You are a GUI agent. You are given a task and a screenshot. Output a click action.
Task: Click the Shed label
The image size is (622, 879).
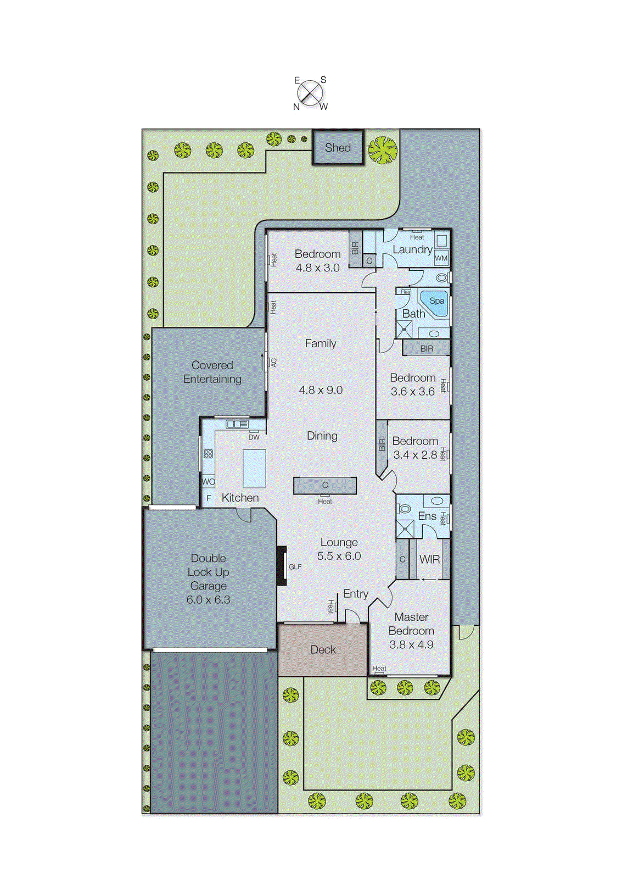click(x=338, y=147)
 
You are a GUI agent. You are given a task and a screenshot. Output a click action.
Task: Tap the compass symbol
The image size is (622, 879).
click(x=311, y=93)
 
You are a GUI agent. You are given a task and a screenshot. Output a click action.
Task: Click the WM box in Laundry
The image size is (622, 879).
click(x=441, y=258)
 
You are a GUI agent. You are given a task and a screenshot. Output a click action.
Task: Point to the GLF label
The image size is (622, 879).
click(x=295, y=566)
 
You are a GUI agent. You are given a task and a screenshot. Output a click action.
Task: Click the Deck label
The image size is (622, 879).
click(x=323, y=649)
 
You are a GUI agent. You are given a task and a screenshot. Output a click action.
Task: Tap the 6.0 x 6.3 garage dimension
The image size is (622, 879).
click(x=208, y=599)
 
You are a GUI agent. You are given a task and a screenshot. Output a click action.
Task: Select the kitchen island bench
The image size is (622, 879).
click(x=254, y=469)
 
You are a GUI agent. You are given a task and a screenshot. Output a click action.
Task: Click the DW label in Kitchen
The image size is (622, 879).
click(x=254, y=437)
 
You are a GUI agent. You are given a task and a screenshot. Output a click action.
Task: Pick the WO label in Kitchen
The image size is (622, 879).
click(x=208, y=482)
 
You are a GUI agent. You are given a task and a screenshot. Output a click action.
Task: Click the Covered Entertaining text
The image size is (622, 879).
click(x=212, y=372)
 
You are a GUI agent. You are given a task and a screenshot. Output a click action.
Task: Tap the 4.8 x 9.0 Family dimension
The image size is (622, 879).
click(x=321, y=390)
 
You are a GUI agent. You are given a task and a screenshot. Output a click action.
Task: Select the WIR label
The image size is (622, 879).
click(x=429, y=559)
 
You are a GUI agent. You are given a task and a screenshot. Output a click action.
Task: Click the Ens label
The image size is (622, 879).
click(x=427, y=516)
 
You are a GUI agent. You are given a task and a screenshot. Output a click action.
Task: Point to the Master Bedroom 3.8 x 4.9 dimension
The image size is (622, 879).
click(x=411, y=644)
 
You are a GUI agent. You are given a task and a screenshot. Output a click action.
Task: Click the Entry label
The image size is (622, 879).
click(x=355, y=593)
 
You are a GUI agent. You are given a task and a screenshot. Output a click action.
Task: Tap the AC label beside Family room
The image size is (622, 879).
click(x=273, y=363)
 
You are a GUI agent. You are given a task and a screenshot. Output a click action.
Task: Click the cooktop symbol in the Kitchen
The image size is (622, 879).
click(x=208, y=454)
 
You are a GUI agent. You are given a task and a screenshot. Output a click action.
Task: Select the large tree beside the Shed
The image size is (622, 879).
click(x=383, y=149)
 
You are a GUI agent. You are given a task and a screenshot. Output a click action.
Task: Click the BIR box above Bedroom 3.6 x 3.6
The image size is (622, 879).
click(x=427, y=348)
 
